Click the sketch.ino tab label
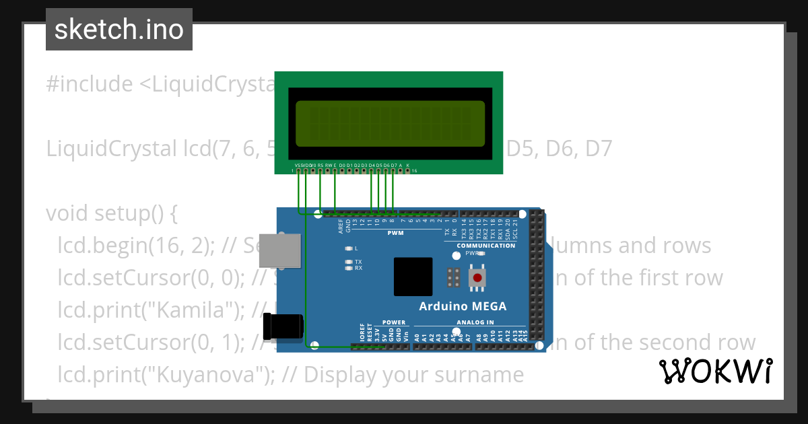click(x=119, y=30)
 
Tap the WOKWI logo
click(x=715, y=371)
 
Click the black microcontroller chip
click(x=413, y=277)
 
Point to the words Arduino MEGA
click(x=463, y=306)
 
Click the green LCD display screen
click(x=390, y=124)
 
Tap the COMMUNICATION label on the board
click(x=486, y=246)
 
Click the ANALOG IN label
click(x=475, y=322)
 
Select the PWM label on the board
click(x=395, y=233)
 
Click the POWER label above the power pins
click(x=394, y=322)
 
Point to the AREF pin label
click(x=341, y=225)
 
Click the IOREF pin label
click(x=362, y=334)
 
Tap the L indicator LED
click(x=348, y=248)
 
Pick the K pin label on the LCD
click(x=407, y=165)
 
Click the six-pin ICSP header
click(x=453, y=278)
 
